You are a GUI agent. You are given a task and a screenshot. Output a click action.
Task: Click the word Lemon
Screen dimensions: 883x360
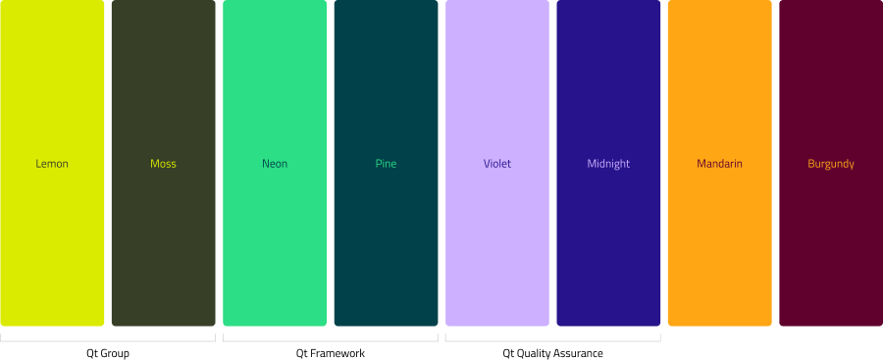click(52, 164)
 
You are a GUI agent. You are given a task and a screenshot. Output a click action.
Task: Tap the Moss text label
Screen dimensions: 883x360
click(163, 164)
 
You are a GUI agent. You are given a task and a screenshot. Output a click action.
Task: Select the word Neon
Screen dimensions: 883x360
click(275, 164)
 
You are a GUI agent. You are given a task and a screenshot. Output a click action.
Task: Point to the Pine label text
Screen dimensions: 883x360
click(386, 164)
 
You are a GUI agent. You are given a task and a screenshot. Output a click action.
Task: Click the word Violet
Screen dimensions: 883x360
click(497, 164)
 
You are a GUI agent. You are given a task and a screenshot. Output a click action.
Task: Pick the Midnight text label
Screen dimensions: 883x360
click(608, 164)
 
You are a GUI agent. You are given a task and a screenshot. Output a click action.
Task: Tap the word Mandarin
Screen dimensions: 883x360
click(719, 164)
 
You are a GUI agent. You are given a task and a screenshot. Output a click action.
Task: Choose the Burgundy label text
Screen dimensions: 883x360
click(831, 164)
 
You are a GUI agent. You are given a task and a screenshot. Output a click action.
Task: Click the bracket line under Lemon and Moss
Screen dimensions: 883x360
click(108, 341)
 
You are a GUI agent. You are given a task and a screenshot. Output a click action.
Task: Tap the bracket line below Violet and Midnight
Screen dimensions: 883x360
click(552, 341)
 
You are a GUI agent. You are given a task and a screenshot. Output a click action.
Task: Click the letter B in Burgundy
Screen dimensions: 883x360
click(810, 164)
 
